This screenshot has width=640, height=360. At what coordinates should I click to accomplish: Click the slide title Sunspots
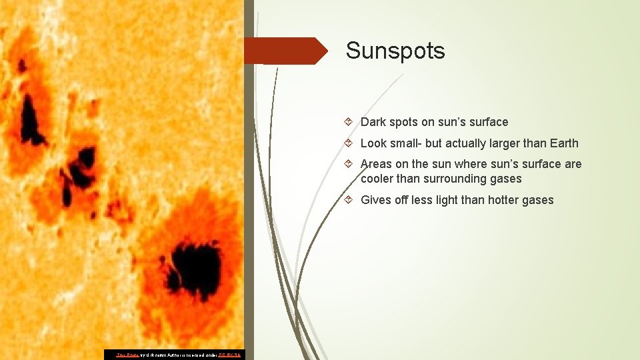tap(395, 51)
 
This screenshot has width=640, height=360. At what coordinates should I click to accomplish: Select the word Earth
tap(564, 143)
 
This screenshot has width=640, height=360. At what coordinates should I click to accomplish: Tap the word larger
tap(488, 143)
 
